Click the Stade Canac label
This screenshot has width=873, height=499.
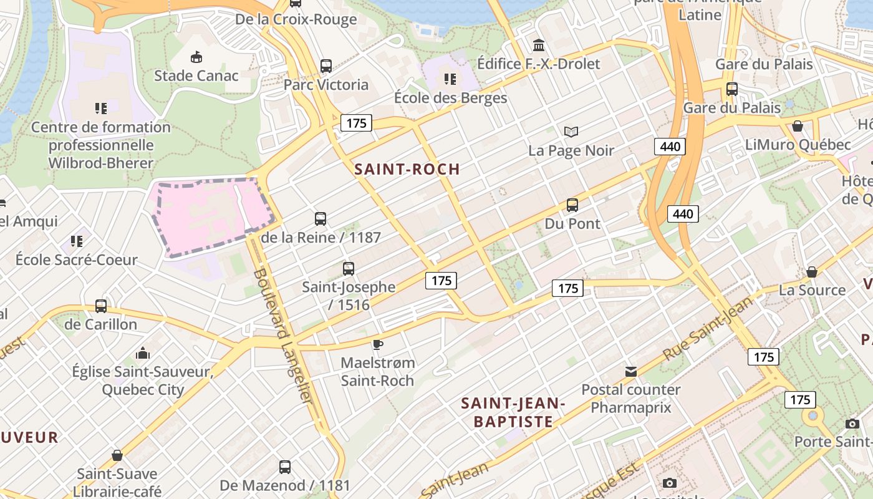(x=196, y=75)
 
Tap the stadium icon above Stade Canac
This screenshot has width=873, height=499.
(x=196, y=57)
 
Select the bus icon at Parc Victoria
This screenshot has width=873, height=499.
(x=326, y=65)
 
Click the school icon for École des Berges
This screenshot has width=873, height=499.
(x=450, y=79)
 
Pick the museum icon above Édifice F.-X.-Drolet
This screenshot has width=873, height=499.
(x=538, y=45)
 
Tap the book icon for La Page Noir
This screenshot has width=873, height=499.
(x=571, y=132)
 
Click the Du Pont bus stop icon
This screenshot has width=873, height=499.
(x=572, y=205)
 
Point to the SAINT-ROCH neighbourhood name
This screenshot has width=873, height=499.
(x=407, y=169)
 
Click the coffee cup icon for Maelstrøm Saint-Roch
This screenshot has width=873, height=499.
(x=377, y=344)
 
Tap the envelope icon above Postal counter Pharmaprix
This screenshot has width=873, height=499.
(x=631, y=372)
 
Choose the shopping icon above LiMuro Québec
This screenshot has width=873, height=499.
(x=797, y=127)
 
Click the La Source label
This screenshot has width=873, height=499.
(x=812, y=290)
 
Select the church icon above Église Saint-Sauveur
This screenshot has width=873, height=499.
(x=143, y=354)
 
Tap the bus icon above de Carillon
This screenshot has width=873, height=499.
(x=100, y=306)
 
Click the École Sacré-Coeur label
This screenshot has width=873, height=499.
(x=76, y=259)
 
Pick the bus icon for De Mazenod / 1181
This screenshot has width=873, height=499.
(x=284, y=467)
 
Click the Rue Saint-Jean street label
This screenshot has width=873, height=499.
(x=707, y=329)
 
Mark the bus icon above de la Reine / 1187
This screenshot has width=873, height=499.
(x=321, y=219)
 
